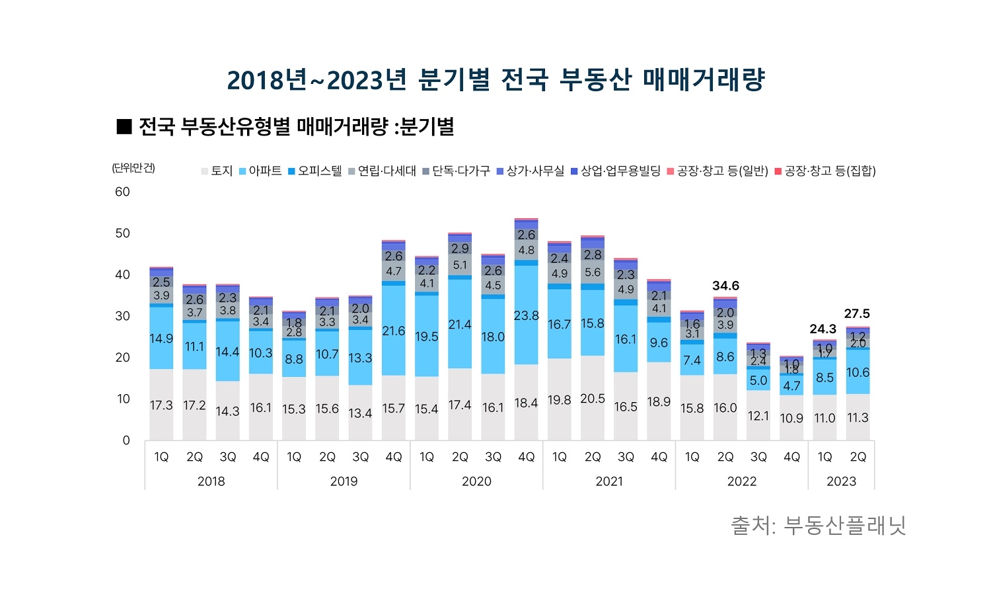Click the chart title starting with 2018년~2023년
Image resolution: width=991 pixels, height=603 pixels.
point(495,80)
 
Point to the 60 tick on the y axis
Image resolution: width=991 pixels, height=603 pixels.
point(123,192)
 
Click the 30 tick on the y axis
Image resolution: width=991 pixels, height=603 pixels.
point(123,316)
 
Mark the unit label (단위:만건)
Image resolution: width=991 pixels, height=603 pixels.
point(133,168)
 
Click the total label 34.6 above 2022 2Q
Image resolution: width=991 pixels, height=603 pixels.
point(725,286)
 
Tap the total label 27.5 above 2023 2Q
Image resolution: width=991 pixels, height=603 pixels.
point(857,313)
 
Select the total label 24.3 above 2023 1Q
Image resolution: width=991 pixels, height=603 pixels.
point(823,329)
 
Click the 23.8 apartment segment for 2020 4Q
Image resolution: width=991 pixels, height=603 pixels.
point(526,315)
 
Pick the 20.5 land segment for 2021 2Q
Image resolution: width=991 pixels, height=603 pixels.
point(593,399)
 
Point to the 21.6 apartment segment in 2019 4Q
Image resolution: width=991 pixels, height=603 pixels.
point(393,331)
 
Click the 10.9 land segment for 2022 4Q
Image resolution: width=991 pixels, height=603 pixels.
point(791,418)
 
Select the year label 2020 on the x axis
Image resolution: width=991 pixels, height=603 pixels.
point(476,481)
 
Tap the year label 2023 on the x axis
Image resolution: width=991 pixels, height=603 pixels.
point(841,481)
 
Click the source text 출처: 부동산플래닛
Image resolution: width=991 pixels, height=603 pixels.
point(818,526)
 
